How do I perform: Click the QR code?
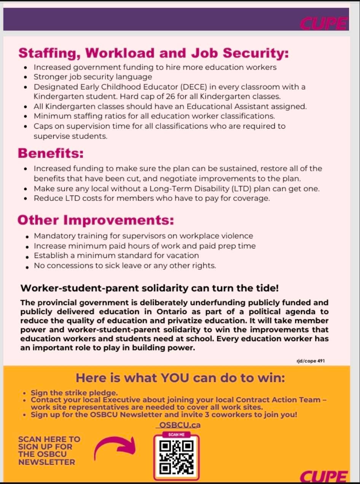click(176, 457)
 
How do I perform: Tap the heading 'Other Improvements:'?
click(96, 220)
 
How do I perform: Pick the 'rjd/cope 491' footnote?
click(308, 360)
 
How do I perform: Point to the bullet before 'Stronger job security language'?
click(25, 77)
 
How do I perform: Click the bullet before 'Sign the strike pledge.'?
click(25, 393)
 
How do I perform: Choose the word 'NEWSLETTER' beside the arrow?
click(47, 462)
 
